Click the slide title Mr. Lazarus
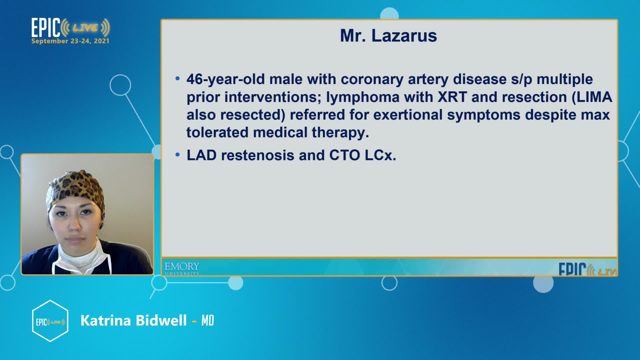(x=388, y=36)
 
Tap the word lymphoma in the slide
(x=363, y=97)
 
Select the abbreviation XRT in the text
(x=452, y=97)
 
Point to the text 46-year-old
(x=226, y=80)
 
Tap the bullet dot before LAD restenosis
(x=178, y=155)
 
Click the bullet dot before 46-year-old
(x=178, y=79)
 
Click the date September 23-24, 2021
(x=70, y=41)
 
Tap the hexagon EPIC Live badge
(x=50, y=321)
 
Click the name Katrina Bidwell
(x=134, y=321)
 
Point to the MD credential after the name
(x=208, y=321)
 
